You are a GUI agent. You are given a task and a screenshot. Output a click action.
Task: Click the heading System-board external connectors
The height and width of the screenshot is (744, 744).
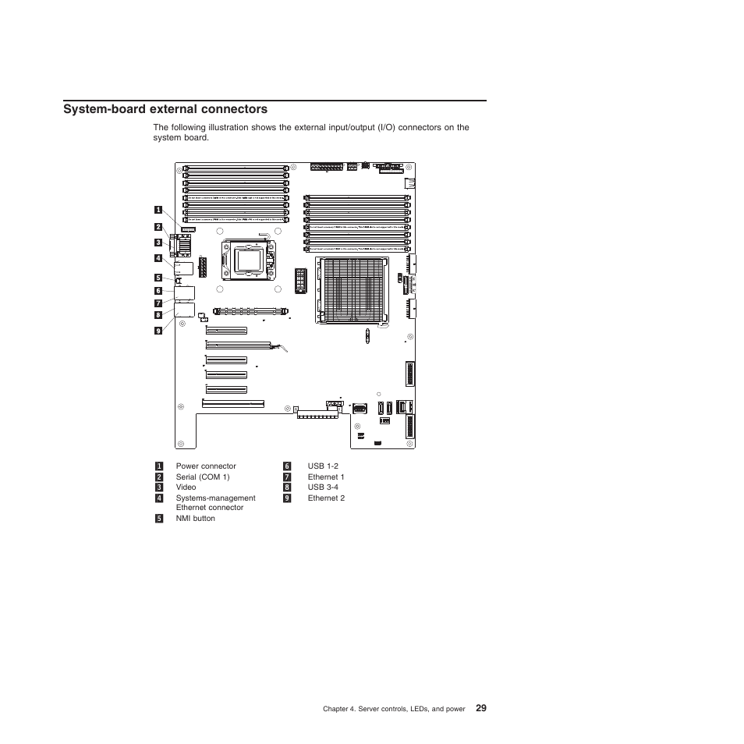pos(165,109)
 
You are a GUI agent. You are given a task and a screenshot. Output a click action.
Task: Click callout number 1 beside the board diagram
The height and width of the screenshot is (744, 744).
pos(158,210)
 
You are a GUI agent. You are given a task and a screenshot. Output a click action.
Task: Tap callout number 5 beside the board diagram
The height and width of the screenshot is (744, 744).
pos(158,277)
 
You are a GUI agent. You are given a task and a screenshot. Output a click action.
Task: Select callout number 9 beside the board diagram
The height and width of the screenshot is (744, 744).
pos(158,330)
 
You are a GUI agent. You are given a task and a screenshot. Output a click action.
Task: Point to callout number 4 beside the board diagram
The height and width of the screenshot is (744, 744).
pos(158,258)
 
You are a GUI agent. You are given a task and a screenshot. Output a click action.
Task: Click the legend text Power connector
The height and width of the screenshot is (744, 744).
pos(206,466)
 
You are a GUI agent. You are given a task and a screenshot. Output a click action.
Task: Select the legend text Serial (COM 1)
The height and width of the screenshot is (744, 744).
pos(203,477)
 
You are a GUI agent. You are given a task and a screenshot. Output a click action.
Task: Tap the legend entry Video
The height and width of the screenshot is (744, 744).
pos(186,487)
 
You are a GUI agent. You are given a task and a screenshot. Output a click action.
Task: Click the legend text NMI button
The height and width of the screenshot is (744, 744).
pos(196,519)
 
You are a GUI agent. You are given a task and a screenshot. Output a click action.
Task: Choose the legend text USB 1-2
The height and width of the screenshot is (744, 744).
pos(323,466)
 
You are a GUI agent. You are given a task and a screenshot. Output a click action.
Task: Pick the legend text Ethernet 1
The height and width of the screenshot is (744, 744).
pos(326,477)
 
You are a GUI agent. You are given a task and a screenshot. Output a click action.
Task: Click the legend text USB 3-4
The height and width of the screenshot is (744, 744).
pos(323,487)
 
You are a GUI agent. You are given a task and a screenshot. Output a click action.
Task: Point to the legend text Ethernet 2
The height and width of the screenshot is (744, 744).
pos(326,498)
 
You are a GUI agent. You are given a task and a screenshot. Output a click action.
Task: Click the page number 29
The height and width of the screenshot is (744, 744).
pos(480,708)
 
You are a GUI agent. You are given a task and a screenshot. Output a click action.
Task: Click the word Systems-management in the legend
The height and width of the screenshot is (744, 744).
pos(216,498)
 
